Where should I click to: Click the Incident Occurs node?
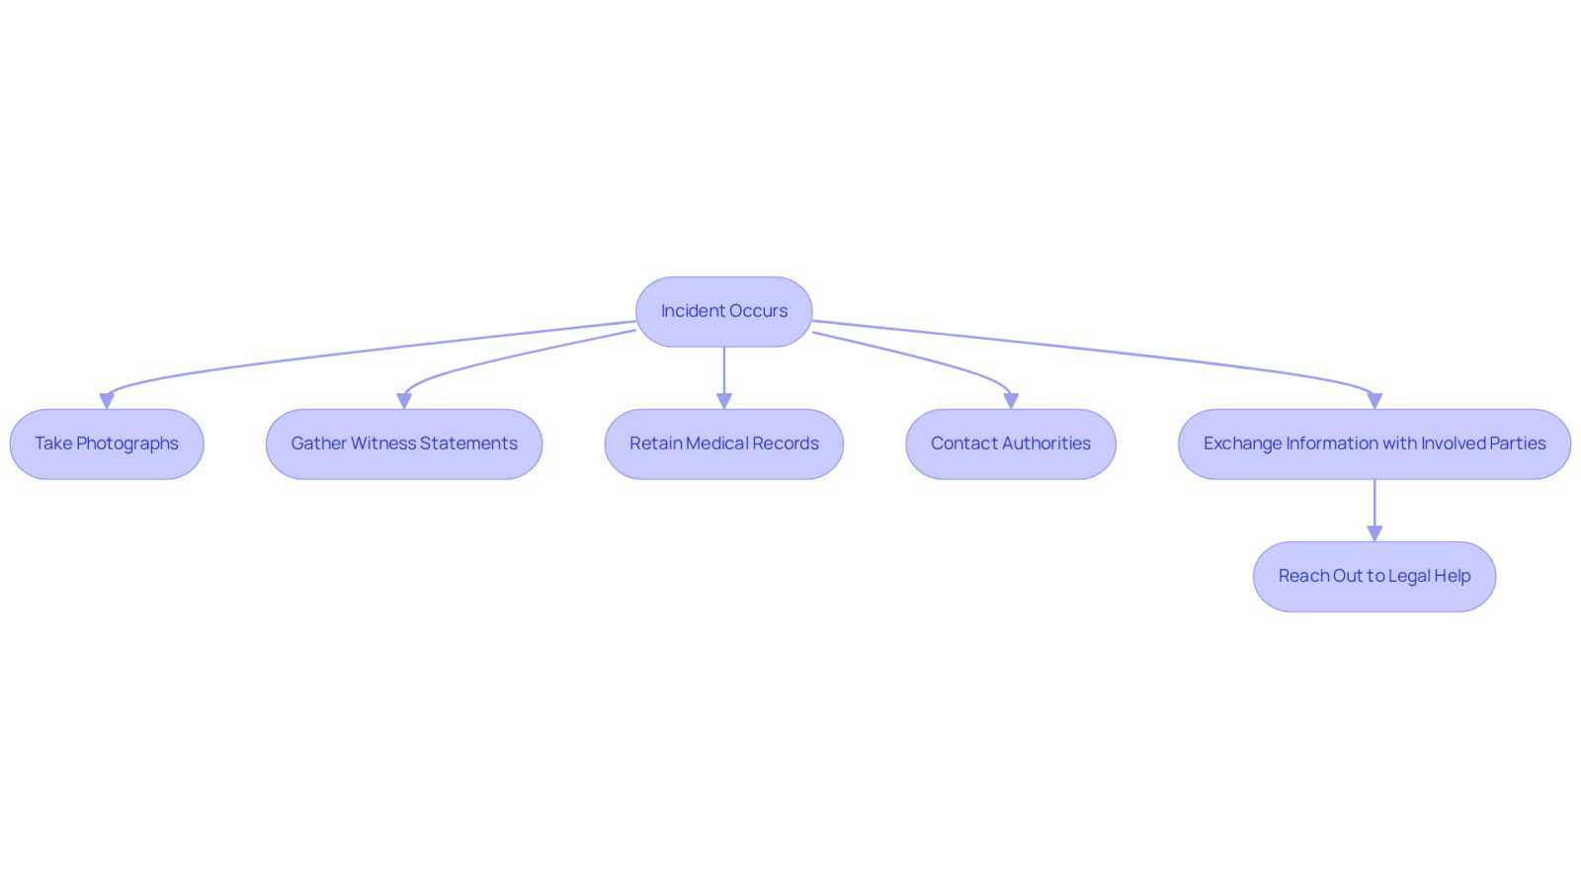(x=723, y=311)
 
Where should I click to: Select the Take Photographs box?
(x=107, y=444)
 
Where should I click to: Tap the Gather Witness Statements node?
(x=404, y=444)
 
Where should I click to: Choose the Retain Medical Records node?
(x=723, y=444)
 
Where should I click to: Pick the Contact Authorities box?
(x=1011, y=444)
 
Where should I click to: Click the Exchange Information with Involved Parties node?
(x=1374, y=444)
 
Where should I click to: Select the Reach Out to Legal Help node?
(x=1374, y=576)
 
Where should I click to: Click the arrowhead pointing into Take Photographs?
(x=107, y=401)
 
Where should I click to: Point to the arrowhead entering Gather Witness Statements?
(x=404, y=401)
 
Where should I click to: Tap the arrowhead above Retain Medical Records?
(x=723, y=401)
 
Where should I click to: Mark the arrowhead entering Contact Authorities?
(x=1011, y=401)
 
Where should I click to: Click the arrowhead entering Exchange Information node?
(x=1374, y=401)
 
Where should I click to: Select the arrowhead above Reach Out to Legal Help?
(x=1374, y=534)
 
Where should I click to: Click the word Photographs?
(x=127, y=444)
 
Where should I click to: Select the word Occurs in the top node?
(x=758, y=311)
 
